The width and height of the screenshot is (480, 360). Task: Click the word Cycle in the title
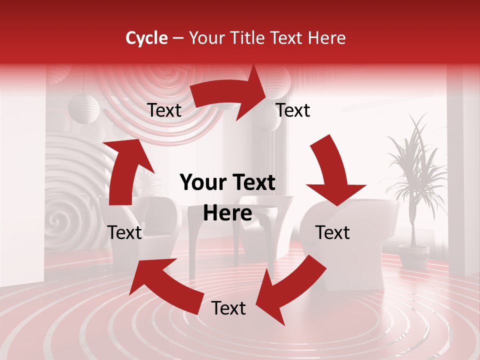[x=146, y=38]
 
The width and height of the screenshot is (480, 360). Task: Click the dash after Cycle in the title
[x=177, y=38]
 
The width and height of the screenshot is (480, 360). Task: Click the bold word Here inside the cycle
[x=227, y=213]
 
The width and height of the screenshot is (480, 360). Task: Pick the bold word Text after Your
[x=252, y=183]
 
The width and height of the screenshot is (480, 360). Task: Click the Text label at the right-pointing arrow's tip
[x=293, y=110]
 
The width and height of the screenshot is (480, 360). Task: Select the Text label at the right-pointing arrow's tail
[x=164, y=110]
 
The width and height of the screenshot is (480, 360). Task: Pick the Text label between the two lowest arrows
[x=228, y=308]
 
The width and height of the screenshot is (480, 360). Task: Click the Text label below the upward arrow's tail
[x=124, y=232]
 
